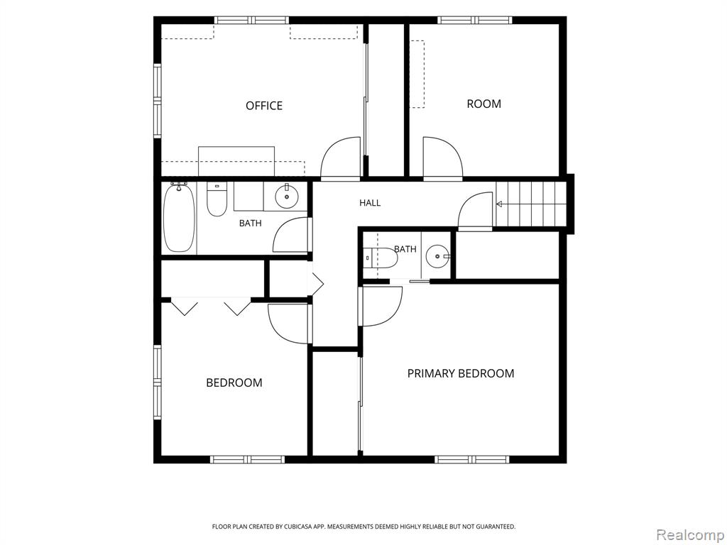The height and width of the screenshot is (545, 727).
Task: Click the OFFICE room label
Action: [x=264, y=106]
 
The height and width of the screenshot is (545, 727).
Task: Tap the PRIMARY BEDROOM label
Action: [x=460, y=373]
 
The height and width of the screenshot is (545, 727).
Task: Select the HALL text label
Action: [x=370, y=202]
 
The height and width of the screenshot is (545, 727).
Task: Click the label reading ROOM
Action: [x=483, y=104]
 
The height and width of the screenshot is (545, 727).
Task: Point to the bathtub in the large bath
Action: [x=179, y=218]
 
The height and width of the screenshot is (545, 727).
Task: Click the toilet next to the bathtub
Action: [x=217, y=199]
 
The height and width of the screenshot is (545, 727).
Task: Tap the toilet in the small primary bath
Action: [x=381, y=258]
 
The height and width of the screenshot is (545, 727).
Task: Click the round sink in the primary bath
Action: [x=437, y=255]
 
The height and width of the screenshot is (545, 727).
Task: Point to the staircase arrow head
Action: [x=499, y=204]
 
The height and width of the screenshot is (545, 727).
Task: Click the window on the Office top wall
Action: [x=251, y=20]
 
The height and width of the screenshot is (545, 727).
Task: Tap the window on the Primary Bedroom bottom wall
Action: [x=472, y=459]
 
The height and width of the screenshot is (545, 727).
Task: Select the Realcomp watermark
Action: [x=690, y=534]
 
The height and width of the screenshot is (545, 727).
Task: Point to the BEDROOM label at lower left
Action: [x=234, y=382]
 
